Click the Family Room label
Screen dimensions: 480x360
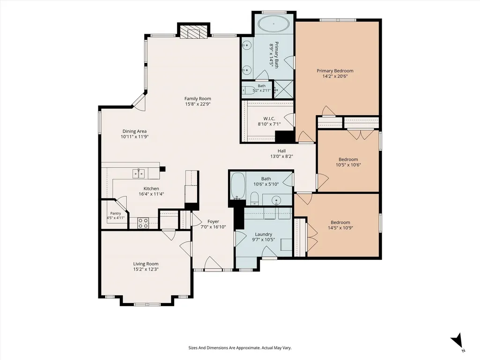(198, 99)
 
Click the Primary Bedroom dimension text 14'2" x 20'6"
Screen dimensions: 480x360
(335, 76)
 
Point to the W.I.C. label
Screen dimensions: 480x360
(269, 118)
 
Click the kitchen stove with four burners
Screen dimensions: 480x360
(143, 223)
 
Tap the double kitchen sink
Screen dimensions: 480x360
(139, 174)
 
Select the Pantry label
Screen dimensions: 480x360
(116, 213)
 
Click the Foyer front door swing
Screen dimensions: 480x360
(211, 263)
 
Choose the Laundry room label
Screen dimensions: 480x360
(264, 235)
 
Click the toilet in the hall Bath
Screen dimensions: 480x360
(255, 198)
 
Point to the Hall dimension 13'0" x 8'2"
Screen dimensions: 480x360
(281, 156)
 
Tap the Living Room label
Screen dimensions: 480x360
(146, 264)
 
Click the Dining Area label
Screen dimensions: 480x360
(135, 132)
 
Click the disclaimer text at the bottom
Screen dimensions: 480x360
(240, 348)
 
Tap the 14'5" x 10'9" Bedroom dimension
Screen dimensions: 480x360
(340, 228)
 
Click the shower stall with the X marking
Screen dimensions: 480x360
(283, 89)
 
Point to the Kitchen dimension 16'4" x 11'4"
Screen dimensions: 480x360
(151, 194)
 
